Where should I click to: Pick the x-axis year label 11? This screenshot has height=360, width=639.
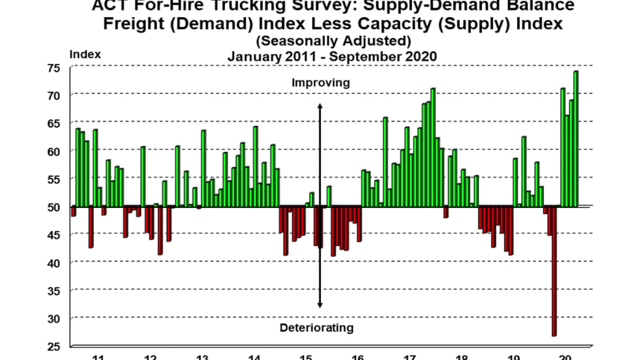click(x=98, y=356)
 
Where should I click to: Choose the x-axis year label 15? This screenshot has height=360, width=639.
click(x=305, y=356)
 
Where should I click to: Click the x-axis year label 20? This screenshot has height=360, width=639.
click(x=565, y=356)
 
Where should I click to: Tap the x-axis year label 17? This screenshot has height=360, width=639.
click(x=409, y=356)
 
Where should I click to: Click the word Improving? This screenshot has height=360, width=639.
click(x=320, y=83)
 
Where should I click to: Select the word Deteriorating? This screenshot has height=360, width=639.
click(x=316, y=327)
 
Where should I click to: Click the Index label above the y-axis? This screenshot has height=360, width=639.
click(x=85, y=54)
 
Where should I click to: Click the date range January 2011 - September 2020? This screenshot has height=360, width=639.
click(x=332, y=56)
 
